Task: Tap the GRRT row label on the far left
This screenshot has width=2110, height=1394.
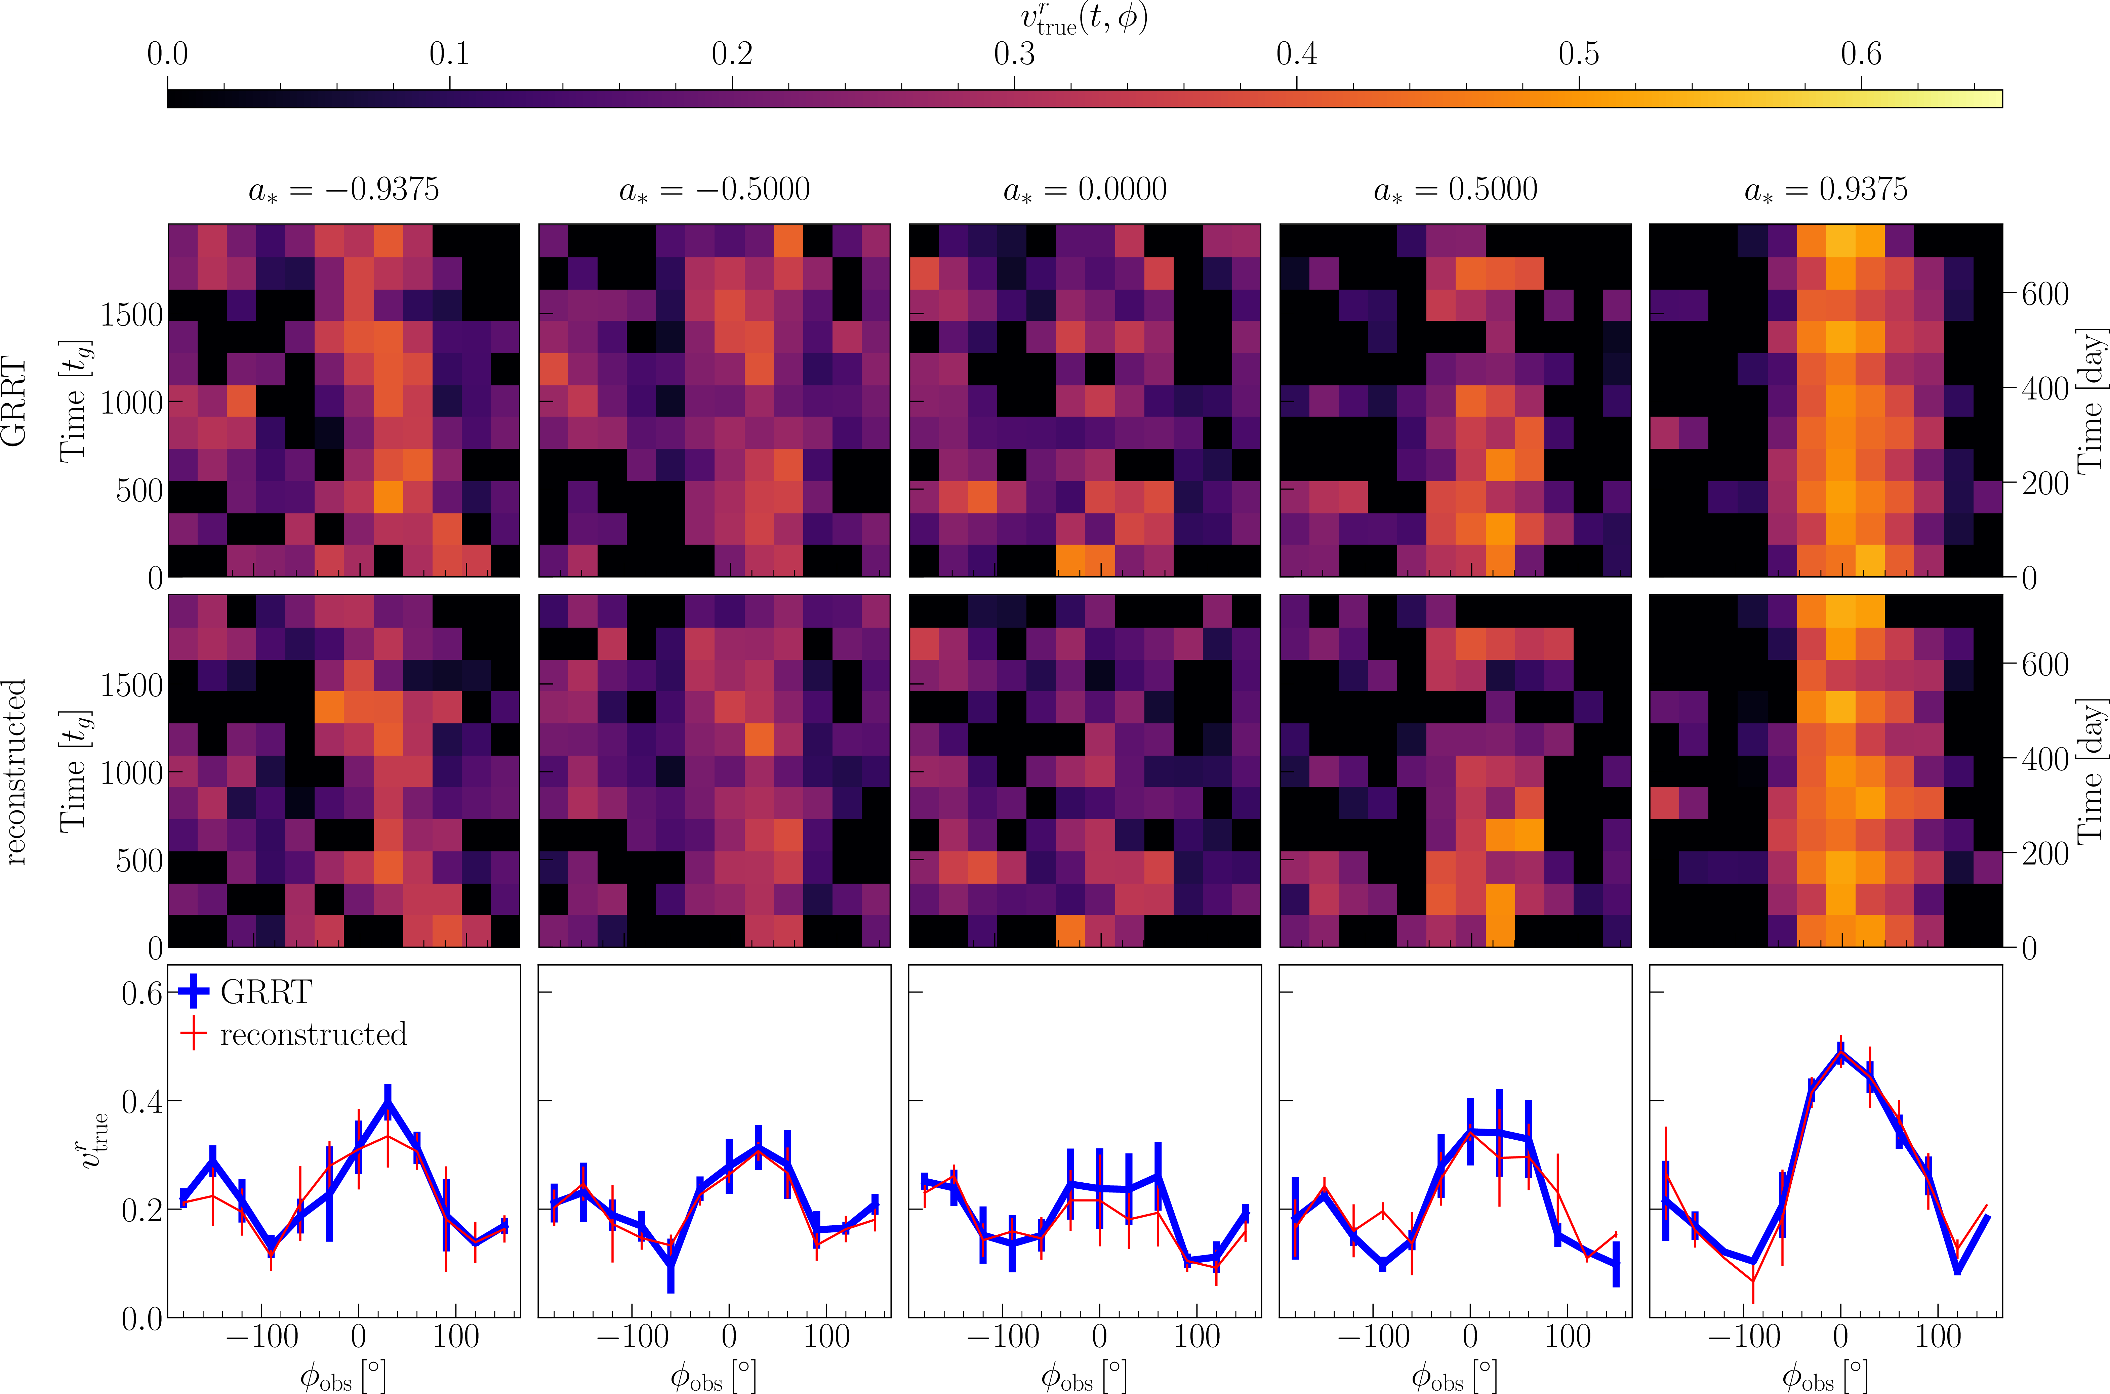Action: [x=15, y=401]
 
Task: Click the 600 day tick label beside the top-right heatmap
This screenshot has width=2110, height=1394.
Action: [x=2045, y=293]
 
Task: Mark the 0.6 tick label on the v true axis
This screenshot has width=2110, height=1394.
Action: [x=142, y=993]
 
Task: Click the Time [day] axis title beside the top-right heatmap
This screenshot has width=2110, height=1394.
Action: [x=2091, y=401]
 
